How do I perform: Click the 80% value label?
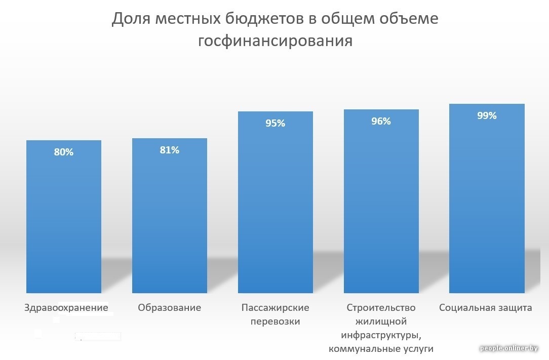point(64,152)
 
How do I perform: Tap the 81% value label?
point(170,150)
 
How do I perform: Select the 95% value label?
point(276,123)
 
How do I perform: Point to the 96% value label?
point(381,121)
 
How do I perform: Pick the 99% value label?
point(487,115)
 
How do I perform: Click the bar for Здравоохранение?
point(64,223)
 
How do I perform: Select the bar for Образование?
point(170,223)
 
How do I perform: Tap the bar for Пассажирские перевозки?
point(276,213)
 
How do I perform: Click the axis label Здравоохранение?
point(66,308)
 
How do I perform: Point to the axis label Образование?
point(170,308)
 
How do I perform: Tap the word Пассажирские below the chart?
point(276,308)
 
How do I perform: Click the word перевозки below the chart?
point(276,322)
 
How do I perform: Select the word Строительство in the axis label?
point(381,308)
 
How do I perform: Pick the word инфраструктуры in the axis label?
point(381,335)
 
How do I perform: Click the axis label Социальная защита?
point(486,308)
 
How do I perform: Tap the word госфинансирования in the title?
point(275,41)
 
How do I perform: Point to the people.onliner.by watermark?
point(512,348)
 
